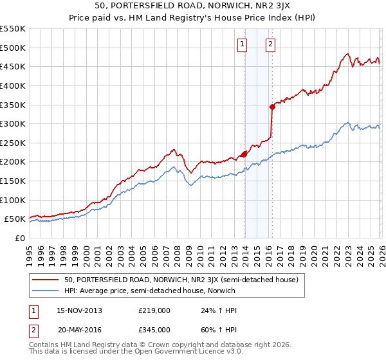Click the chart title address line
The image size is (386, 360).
pos(193,6)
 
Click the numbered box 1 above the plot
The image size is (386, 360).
pos(242,44)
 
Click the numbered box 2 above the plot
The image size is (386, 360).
pos(270,44)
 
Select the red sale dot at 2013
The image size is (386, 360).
pos(244,154)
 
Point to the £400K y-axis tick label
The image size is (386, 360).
pos(12,85)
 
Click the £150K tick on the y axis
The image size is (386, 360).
pos(12,181)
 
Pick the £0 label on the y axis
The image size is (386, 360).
pos(21,238)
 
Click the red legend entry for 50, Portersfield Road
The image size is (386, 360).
pos(181,280)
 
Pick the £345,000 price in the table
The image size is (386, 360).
pos(154,329)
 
